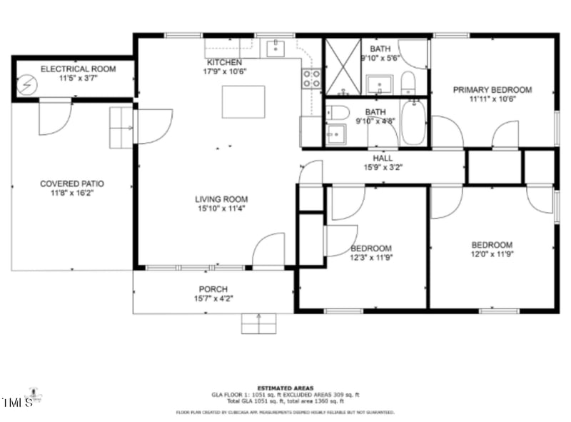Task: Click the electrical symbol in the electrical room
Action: click(x=26, y=84)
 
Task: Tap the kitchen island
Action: click(x=243, y=101)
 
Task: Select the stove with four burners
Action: click(x=310, y=79)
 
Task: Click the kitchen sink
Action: click(x=276, y=48)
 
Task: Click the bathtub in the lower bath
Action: click(x=413, y=124)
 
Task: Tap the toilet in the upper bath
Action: click(x=408, y=83)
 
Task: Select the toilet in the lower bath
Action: click(x=338, y=112)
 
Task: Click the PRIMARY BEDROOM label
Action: click(x=492, y=90)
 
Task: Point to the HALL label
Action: click(x=383, y=159)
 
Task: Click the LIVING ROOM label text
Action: click(x=221, y=199)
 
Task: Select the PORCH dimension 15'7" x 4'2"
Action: click(x=213, y=299)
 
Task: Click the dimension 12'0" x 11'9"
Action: click(x=492, y=253)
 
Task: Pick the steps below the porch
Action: click(x=258, y=323)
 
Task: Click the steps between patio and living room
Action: click(x=121, y=127)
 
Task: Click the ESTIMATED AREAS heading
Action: click(x=285, y=388)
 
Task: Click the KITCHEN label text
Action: click(x=224, y=62)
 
